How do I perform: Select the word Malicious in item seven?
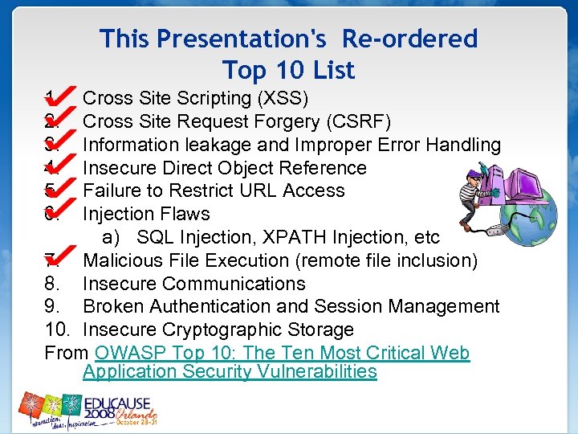120,261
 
